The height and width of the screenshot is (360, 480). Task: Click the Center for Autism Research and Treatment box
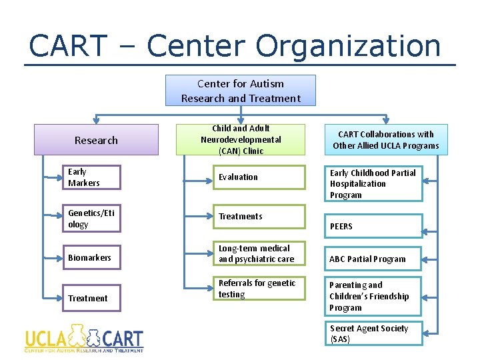point(240,91)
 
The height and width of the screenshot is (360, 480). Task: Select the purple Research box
point(96,140)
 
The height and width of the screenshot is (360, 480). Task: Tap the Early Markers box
point(92,177)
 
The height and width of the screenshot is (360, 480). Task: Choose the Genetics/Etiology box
point(92,219)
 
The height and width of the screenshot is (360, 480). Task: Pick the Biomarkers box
point(92,257)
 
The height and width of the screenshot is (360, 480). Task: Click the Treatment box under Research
point(92,298)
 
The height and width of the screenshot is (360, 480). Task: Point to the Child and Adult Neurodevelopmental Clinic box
point(240,139)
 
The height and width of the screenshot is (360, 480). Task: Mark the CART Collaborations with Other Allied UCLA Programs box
point(385,140)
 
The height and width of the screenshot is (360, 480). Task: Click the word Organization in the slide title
point(348,46)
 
